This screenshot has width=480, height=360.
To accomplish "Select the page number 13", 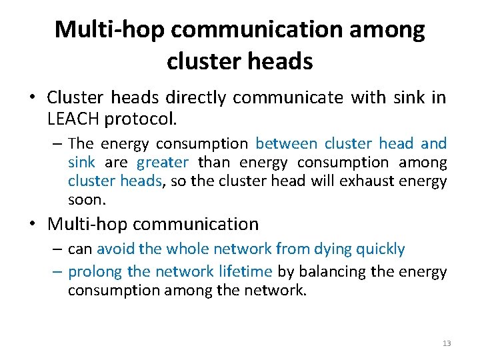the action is coord(447,343).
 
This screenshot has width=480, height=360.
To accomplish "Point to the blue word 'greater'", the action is coord(163,162).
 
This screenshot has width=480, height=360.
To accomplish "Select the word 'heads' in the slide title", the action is coord(279,61).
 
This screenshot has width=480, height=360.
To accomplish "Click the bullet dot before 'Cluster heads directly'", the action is coord(32,99).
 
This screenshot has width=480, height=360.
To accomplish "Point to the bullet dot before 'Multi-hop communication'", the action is coord(32,225).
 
